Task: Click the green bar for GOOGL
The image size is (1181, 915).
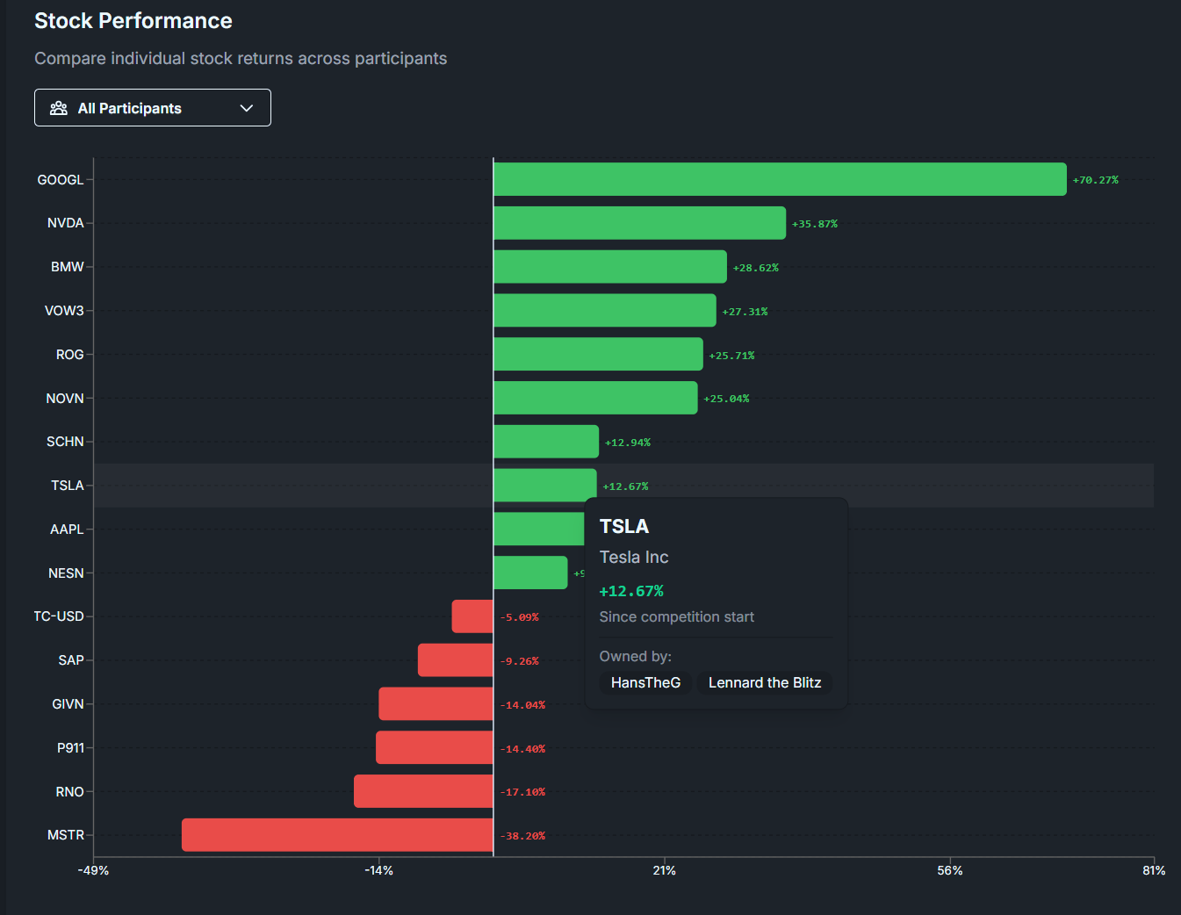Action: [780, 179]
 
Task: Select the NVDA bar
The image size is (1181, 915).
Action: [639, 223]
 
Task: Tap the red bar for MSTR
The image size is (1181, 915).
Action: [337, 835]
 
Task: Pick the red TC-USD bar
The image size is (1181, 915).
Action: [472, 616]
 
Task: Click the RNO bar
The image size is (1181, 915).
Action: [423, 791]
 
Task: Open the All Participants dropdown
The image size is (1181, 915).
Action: [153, 108]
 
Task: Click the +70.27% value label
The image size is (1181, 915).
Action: [1095, 180]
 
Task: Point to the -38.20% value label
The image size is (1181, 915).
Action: [522, 836]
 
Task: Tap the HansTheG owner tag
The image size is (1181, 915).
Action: [645, 682]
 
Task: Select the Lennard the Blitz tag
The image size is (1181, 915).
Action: [765, 682]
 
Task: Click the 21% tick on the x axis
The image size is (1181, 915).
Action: [665, 870]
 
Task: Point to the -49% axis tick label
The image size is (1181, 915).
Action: [93, 870]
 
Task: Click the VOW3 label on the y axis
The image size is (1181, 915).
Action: [64, 311]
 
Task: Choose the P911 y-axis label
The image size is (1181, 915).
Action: [70, 748]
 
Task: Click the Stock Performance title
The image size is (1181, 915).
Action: [133, 21]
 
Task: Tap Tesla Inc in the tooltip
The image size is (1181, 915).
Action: [634, 557]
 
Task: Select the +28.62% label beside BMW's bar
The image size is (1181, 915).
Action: [755, 268]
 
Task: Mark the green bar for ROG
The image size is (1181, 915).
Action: [598, 354]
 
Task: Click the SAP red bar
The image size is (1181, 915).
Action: [455, 660]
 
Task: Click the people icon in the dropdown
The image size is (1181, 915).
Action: [59, 108]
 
